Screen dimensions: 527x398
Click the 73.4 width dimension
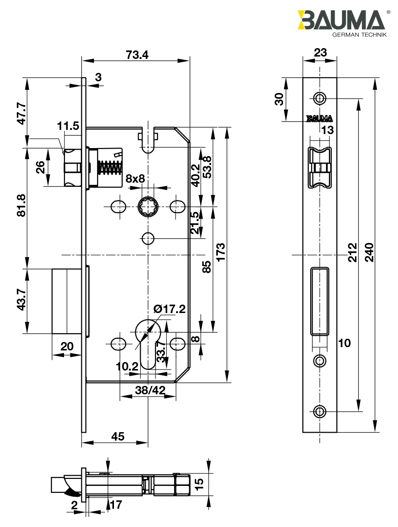coord(137,55)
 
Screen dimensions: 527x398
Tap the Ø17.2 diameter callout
coord(169,308)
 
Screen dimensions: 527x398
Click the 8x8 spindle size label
coord(135,178)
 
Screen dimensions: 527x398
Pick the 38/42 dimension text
coord(149,390)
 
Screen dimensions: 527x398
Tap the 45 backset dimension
coord(118,436)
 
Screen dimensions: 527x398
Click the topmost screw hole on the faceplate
coord(320,98)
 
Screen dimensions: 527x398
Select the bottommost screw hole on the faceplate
coord(320,411)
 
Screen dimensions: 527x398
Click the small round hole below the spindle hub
coord(148,238)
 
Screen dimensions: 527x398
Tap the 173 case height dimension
coord(221,252)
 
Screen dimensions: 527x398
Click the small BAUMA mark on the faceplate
coord(320,118)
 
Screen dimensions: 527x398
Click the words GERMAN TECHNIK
coord(359,35)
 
